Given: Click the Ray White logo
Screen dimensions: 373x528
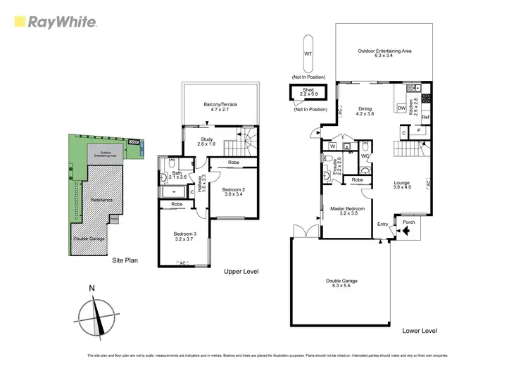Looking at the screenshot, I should (x=56, y=22).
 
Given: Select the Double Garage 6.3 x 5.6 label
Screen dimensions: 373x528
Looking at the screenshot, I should (x=340, y=284).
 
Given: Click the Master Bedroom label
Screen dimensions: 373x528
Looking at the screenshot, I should (x=347, y=211).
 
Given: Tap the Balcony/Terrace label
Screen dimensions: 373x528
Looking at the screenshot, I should (x=220, y=107).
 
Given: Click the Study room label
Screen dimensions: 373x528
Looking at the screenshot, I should (x=206, y=141).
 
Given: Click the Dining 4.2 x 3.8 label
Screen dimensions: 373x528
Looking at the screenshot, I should (x=364, y=111).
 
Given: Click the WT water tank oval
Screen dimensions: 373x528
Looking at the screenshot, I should (x=308, y=53).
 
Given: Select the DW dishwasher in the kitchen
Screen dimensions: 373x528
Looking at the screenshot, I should (x=402, y=108).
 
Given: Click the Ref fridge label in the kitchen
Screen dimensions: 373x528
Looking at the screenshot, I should (x=425, y=118).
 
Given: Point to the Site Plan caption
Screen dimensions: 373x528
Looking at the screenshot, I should (x=125, y=260).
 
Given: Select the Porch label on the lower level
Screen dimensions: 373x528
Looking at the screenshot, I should (x=409, y=222).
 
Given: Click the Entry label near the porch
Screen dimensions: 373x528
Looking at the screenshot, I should (x=382, y=225).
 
